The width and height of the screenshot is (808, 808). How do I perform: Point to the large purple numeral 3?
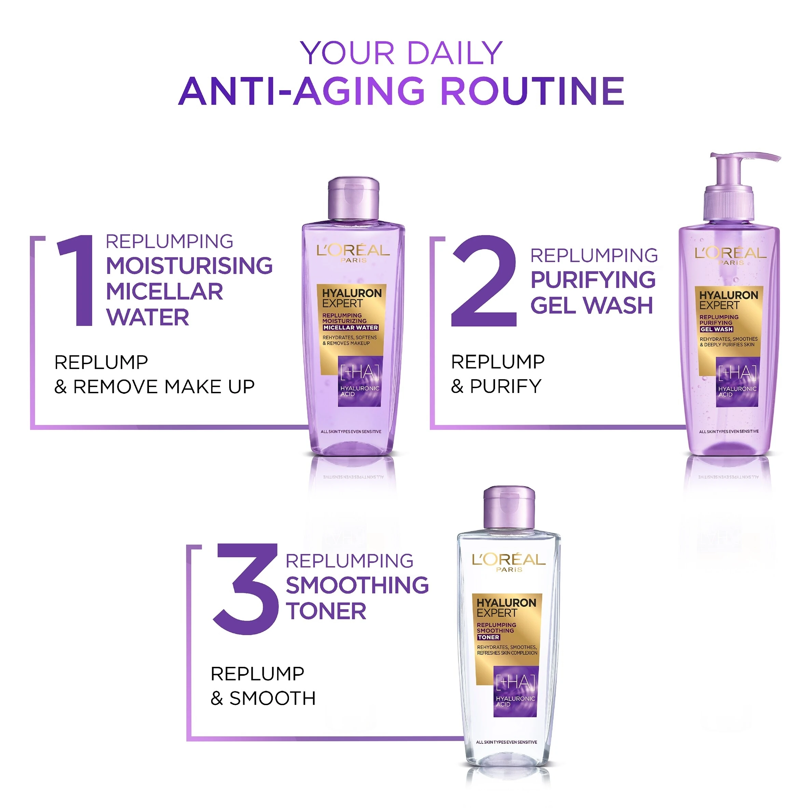tap(246, 589)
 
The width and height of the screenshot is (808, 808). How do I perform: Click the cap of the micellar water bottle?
tap(353, 198)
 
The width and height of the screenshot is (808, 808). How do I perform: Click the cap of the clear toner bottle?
tap(509, 508)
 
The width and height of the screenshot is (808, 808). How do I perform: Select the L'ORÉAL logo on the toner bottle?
tap(509, 562)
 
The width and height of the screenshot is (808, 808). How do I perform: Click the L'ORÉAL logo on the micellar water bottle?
tap(353, 253)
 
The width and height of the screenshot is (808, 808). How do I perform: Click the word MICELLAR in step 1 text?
tap(164, 291)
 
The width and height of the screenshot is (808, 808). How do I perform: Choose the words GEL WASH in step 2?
tap(592, 305)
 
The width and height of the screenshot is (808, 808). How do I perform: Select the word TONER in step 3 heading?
tap(326, 611)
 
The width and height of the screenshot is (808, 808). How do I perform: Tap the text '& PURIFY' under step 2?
tap(496, 386)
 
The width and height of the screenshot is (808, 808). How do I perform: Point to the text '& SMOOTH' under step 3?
tap(263, 698)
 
